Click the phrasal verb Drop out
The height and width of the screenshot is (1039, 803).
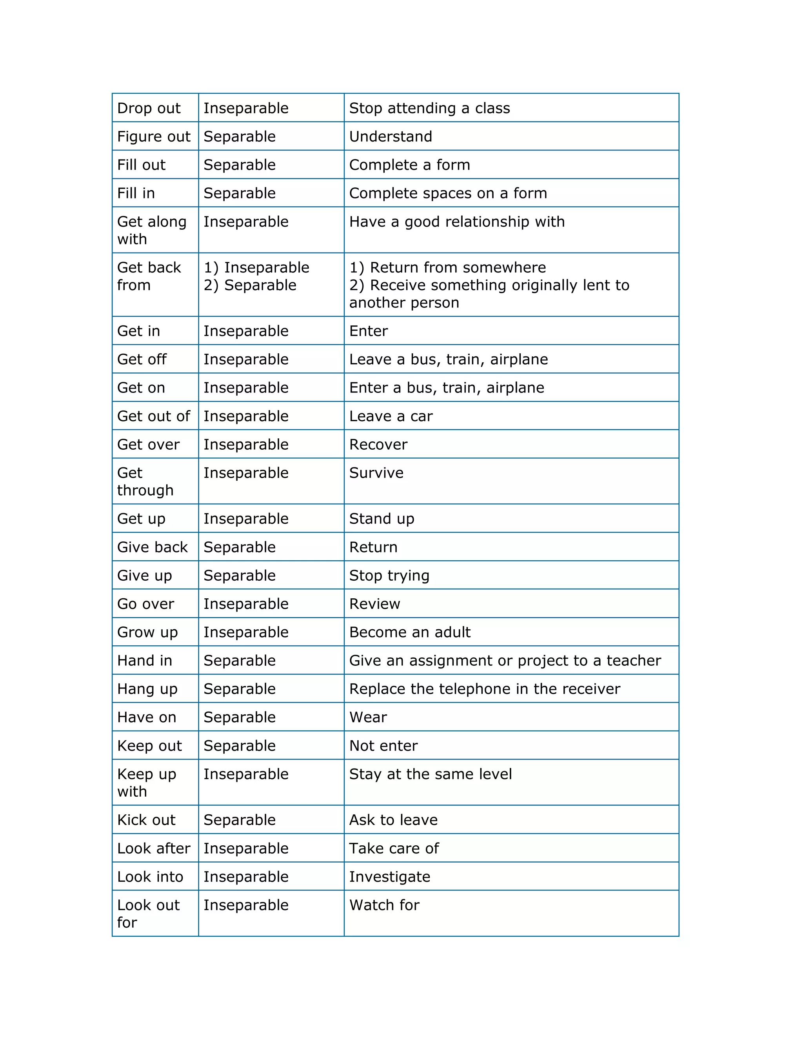pos(149,109)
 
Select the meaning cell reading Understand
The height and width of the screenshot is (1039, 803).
pos(391,136)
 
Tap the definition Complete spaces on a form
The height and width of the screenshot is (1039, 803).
pos(448,193)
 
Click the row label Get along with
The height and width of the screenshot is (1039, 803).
pos(151,230)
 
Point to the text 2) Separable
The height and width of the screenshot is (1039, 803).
pos(250,285)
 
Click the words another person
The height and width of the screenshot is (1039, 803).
pos(404,303)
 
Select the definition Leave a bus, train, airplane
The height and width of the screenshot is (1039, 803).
pos(448,359)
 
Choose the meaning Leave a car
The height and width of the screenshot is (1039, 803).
pos(391,416)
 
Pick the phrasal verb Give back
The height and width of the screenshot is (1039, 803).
pos(152,547)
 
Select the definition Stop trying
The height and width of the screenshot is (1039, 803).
pos(389,576)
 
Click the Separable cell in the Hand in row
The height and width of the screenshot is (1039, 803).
pos(239,661)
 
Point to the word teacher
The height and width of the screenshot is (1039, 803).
pos(634,661)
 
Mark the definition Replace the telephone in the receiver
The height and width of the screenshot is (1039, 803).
pos(484,689)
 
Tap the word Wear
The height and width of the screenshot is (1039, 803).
pos(368,717)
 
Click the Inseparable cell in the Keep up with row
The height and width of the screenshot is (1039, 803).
pos(246,774)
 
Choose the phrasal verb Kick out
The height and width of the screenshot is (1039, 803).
pos(146,820)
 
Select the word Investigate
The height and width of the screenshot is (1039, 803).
pos(390,877)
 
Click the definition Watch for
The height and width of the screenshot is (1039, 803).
pos(384,905)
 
